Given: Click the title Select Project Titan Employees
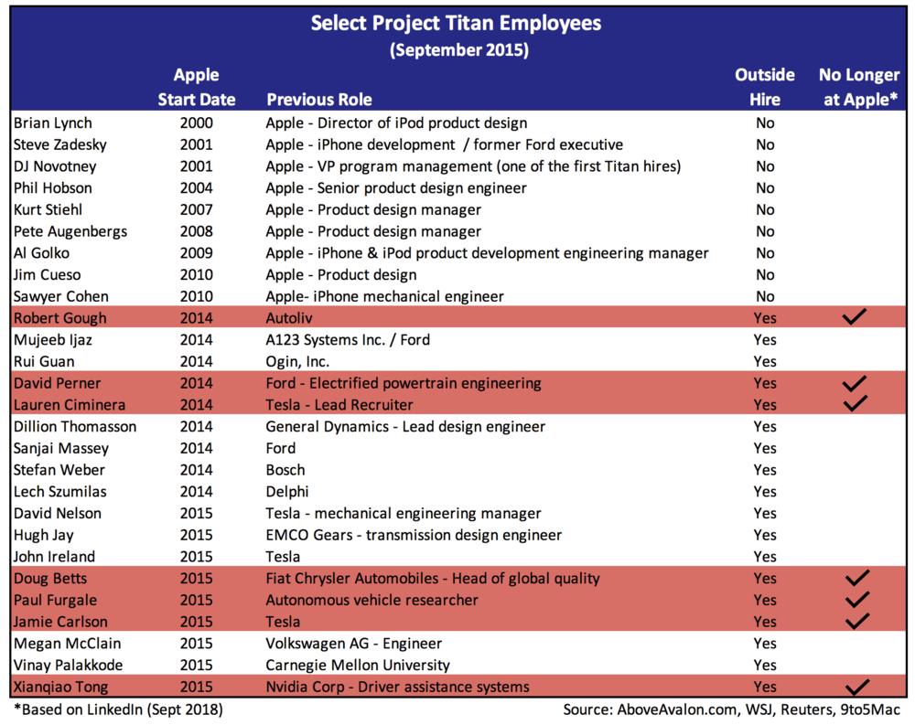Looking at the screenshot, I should pos(457,23).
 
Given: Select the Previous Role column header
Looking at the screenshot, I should pos(318,99).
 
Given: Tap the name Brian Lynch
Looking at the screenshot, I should pos(53,123).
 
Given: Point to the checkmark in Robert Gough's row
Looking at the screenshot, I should pos(856,317).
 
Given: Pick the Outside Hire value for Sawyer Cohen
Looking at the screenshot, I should pos(764,296).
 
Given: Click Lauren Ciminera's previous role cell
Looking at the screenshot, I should pos(339,404).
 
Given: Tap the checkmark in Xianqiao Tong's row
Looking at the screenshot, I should pos(856,687).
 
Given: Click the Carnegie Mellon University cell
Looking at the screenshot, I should pos(358,665).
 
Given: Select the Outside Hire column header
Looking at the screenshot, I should pos(764,87).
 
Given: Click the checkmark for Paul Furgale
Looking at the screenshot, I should pos(856,600).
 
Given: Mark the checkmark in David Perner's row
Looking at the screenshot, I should pos(856,383).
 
